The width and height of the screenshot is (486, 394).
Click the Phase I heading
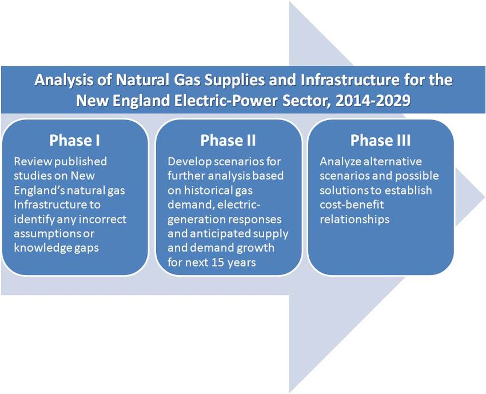pyautogui.click(x=75, y=140)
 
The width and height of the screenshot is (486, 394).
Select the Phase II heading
pyautogui.click(x=228, y=140)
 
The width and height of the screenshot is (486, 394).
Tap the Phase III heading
pyautogui.click(x=381, y=140)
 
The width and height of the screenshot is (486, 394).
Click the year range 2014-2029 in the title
pyautogui.click(x=373, y=101)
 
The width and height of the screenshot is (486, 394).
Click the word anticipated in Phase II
pyautogui.click(x=224, y=234)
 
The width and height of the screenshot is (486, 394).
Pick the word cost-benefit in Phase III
pyautogui.click(x=352, y=205)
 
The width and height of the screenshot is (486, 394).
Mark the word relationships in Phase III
pyautogui.click(x=354, y=220)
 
